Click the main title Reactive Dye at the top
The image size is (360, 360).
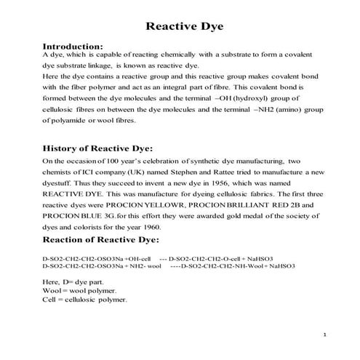coord(180,27)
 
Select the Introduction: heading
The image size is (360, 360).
coord(78,45)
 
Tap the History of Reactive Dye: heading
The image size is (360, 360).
coord(104,145)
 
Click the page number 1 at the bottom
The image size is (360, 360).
coord(322,335)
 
